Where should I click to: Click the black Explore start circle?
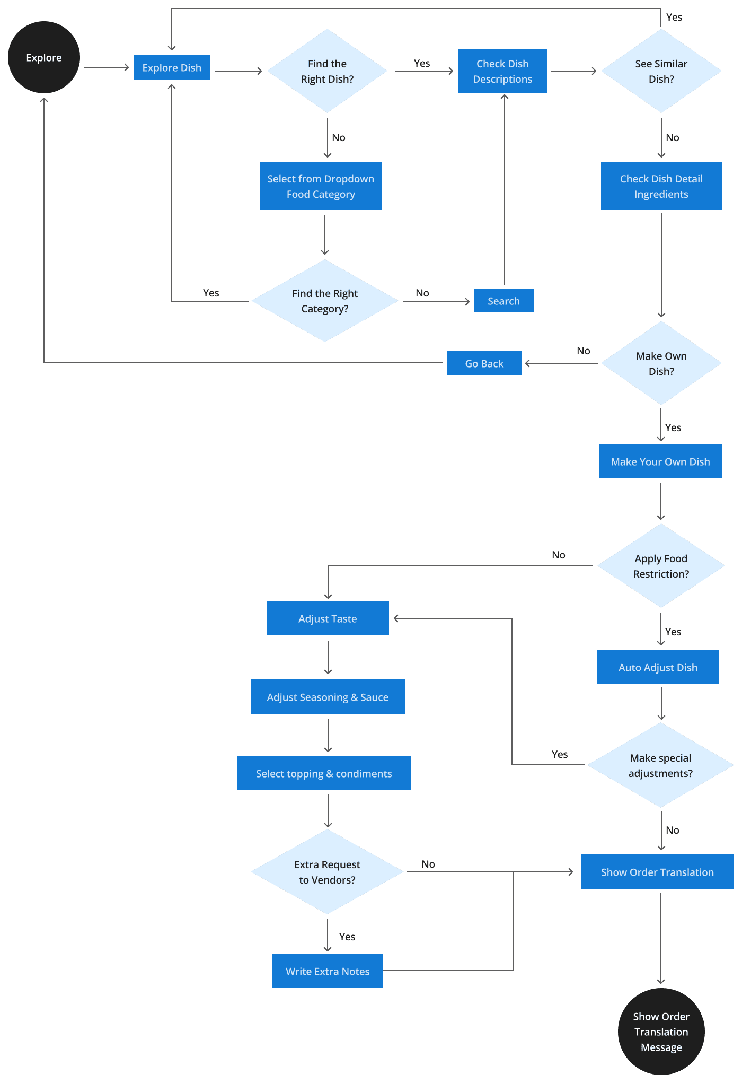click(x=43, y=57)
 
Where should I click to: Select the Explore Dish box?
click(x=172, y=67)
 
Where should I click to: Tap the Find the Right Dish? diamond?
click(x=327, y=71)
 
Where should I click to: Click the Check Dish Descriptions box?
click(x=502, y=71)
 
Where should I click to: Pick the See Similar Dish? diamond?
click(x=661, y=71)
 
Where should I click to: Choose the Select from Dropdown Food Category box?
click(x=321, y=186)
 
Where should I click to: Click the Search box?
click(x=503, y=301)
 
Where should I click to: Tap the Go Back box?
click(x=484, y=363)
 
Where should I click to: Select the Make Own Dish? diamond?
click(x=661, y=363)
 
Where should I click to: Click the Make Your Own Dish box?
click(x=660, y=461)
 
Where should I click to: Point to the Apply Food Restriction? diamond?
click(x=661, y=566)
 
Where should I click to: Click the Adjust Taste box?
click(x=328, y=618)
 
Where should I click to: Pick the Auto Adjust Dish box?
click(x=658, y=667)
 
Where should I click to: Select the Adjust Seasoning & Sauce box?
click(x=328, y=697)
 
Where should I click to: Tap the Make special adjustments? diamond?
click(x=660, y=765)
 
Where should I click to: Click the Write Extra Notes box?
click(x=328, y=971)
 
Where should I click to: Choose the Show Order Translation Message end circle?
click(x=661, y=1032)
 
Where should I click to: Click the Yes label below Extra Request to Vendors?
click(x=347, y=937)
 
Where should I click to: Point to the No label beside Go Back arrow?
click(x=584, y=351)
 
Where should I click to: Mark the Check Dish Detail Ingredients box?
click(x=661, y=186)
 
